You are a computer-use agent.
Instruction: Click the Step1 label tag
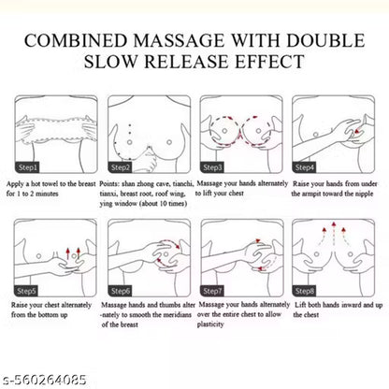(x=26, y=167)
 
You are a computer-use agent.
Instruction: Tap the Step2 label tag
(x=120, y=167)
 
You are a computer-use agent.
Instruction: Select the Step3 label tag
(x=212, y=167)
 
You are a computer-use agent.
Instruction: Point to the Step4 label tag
(x=304, y=167)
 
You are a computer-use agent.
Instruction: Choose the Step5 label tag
(x=26, y=291)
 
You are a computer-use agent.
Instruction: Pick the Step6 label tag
(x=120, y=291)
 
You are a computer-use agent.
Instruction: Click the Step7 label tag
(x=212, y=291)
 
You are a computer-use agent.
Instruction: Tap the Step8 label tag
(x=304, y=291)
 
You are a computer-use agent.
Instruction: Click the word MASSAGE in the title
(x=179, y=40)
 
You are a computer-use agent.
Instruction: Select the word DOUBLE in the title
(x=325, y=40)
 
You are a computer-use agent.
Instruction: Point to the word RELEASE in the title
(x=186, y=61)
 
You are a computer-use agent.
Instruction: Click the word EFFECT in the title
(x=269, y=61)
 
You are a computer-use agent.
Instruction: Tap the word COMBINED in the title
(x=76, y=40)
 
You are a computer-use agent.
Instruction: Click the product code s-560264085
(x=44, y=380)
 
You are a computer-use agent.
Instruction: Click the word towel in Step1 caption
(x=50, y=184)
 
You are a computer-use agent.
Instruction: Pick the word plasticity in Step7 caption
(x=210, y=324)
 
